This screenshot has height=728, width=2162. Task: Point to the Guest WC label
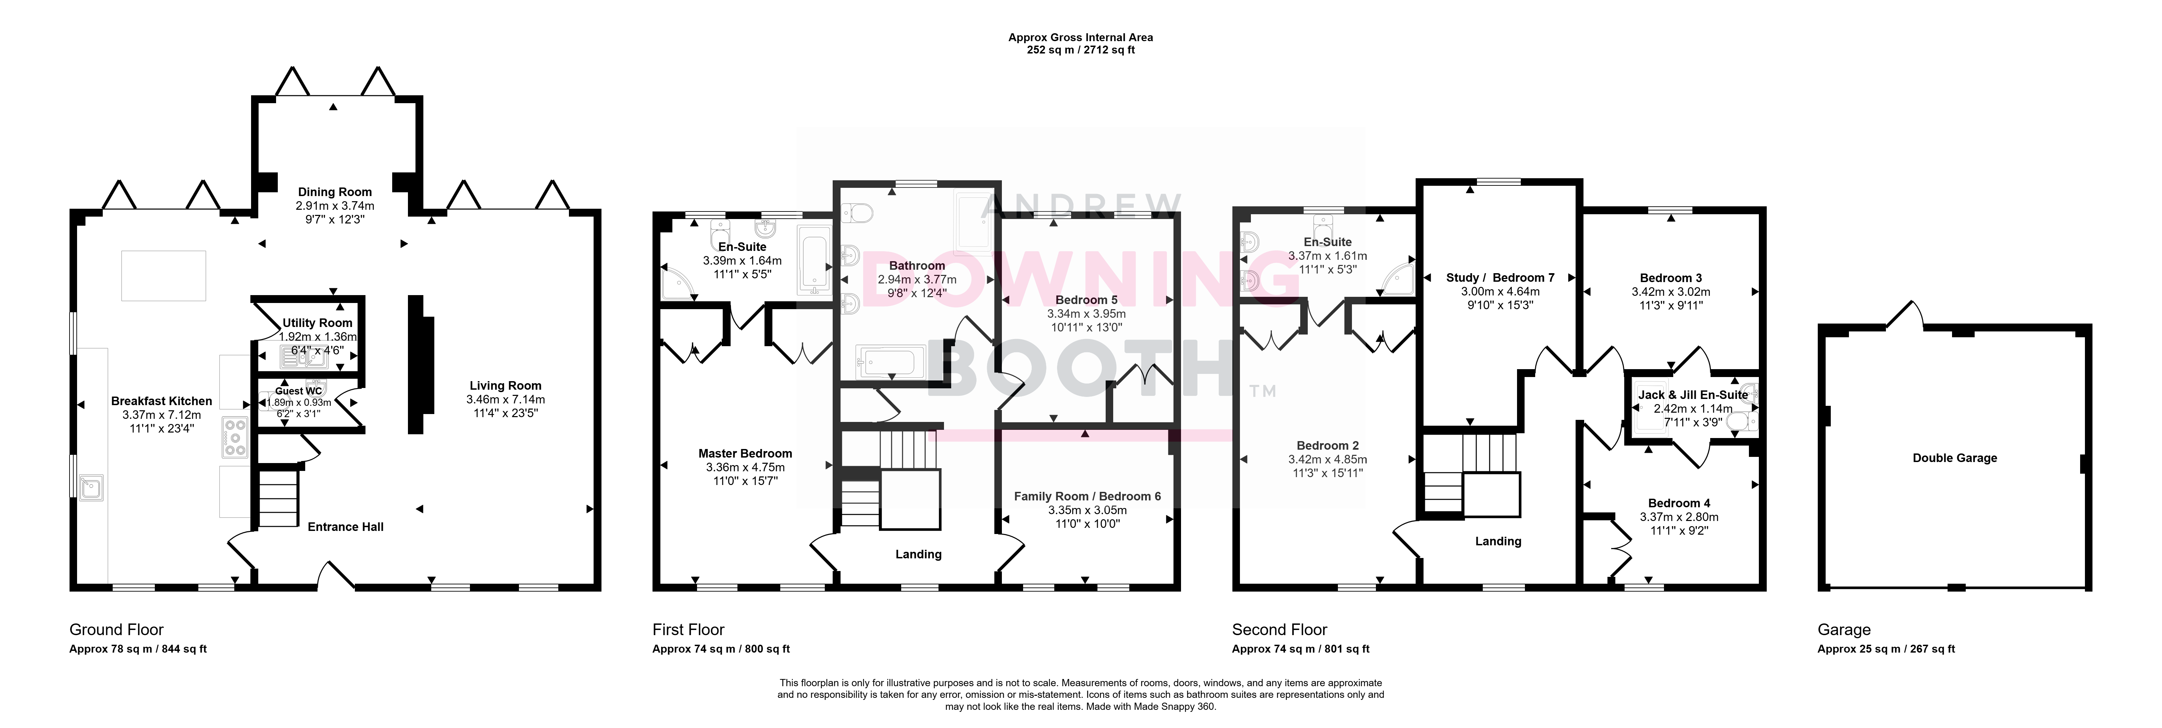coord(299,390)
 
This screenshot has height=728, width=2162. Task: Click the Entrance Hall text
coord(346,526)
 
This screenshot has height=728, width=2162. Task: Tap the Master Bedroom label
coord(745,453)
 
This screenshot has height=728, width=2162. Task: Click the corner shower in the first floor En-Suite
coord(678,283)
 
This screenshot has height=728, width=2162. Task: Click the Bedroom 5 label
coord(1086,300)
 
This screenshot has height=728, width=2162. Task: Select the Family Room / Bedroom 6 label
coord(1088,496)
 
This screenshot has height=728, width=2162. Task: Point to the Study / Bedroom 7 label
coord(1501,278)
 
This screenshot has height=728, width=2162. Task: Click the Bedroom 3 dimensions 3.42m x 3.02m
coord(1671,292)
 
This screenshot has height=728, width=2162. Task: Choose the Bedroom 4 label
coord(1679,503)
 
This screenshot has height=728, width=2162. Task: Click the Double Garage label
coord(1955,458)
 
